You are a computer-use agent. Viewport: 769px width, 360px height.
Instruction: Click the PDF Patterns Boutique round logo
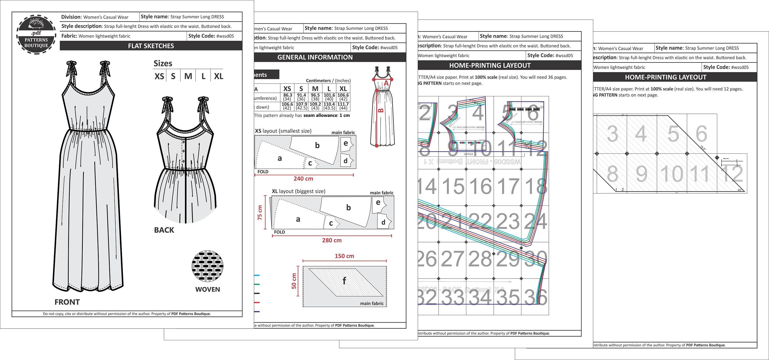click(36, 35)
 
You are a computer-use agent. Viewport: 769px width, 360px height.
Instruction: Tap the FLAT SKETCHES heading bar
click(151, 46)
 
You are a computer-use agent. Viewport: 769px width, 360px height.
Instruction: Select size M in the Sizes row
click(188, 76)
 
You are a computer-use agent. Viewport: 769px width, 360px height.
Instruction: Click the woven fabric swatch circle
click(207, 266)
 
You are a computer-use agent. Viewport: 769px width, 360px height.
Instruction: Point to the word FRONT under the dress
click(67, 302)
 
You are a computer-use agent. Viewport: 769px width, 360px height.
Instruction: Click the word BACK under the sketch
click(164, 230)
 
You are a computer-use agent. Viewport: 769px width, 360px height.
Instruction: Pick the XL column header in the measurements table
click(343, 89)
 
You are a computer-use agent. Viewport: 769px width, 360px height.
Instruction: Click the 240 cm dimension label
click(303, 179)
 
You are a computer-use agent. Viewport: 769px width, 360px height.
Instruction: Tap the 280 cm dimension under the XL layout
click(332, 240)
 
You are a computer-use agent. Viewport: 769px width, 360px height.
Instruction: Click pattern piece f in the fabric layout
click(345, 281)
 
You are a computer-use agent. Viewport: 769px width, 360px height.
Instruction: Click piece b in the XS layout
click(317, 145)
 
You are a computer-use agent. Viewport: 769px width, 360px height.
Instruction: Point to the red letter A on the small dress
click(386, 83)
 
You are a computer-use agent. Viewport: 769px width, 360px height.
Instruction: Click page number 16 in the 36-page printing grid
click(481, 187)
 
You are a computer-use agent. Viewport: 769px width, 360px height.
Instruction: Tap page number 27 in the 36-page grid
click(453, 259)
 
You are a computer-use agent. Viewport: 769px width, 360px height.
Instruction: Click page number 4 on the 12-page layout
click(641, 134)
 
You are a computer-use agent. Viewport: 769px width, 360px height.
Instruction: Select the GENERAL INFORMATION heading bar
click(315, 57)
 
